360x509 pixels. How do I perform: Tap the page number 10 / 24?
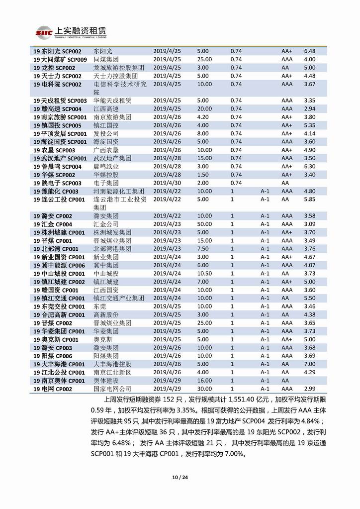[x=180, y=478]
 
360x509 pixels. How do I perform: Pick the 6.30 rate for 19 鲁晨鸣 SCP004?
[x=310, y=166]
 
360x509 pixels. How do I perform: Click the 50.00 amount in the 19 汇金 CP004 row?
[x=204, y=224]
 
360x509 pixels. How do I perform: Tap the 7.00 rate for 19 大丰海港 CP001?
[x=310, y=364]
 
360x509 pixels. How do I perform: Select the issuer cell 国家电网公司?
[x=112, y=388]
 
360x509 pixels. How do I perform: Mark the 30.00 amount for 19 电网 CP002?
[x=204, y=388]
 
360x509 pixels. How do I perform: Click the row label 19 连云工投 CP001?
[x=59, y=199]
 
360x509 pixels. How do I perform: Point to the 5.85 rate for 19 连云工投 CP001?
[x=310, y=199]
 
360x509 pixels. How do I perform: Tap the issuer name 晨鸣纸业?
[x=106, y=166]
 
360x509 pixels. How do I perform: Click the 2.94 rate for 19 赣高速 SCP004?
[x=310, y=108]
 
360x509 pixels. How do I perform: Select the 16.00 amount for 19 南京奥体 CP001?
[x=204, y=380]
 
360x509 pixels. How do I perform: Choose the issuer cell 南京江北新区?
[x=112, y=372]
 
